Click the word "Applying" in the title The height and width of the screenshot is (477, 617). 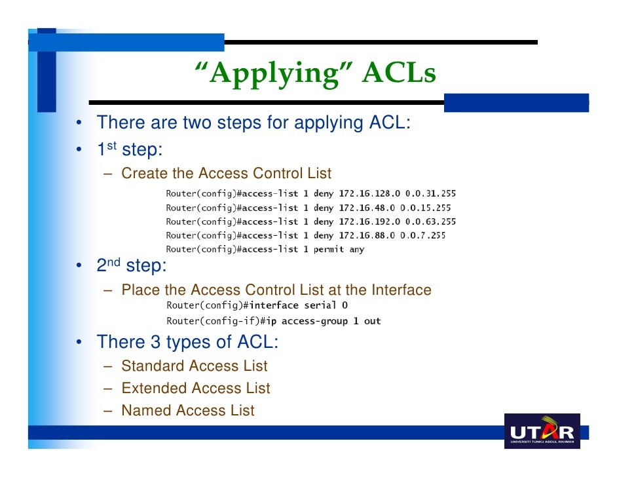[x=276, y=74]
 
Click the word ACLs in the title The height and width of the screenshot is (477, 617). [x=399, y=74]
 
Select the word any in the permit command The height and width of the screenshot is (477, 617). [x=357, y=249]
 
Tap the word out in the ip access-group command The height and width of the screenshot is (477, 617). [x=373, y=321]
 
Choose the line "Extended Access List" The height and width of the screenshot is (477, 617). [x=195, y=388]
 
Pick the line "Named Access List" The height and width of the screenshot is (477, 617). [x=187, y=410]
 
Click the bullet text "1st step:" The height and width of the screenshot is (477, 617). [x=129, y=150]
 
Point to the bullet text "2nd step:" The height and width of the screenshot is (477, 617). [x=131, y=266]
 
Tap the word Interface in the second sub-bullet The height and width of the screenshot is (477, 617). [x=402, y=290]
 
